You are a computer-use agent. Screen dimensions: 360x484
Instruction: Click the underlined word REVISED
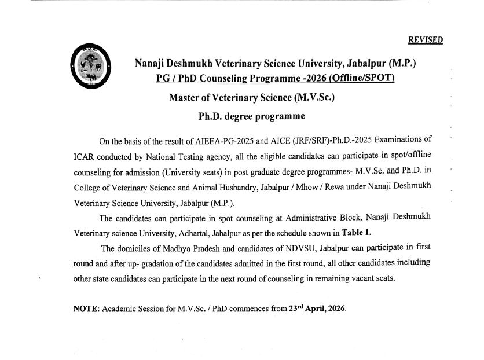click(426, 40)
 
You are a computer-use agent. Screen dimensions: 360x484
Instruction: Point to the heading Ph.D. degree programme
click(251, 116)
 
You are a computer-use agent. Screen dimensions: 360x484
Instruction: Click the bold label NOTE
click(86, 308)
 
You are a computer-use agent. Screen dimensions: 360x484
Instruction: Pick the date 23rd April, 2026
click(317, 308)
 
